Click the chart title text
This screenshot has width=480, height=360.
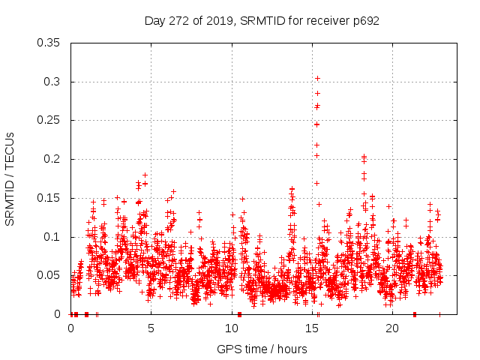pos(262,21)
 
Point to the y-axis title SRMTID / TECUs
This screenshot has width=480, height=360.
pos(10,178)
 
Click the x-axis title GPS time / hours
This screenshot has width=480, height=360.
pos(262,349)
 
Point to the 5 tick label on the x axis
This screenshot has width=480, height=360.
pos(151,328)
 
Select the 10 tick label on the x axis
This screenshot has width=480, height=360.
pos(232,328)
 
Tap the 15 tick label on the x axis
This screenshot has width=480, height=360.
pos(312,328)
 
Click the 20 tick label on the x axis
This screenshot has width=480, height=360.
pos(392,328)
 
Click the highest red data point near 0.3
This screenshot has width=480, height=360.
pos(317,78)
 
